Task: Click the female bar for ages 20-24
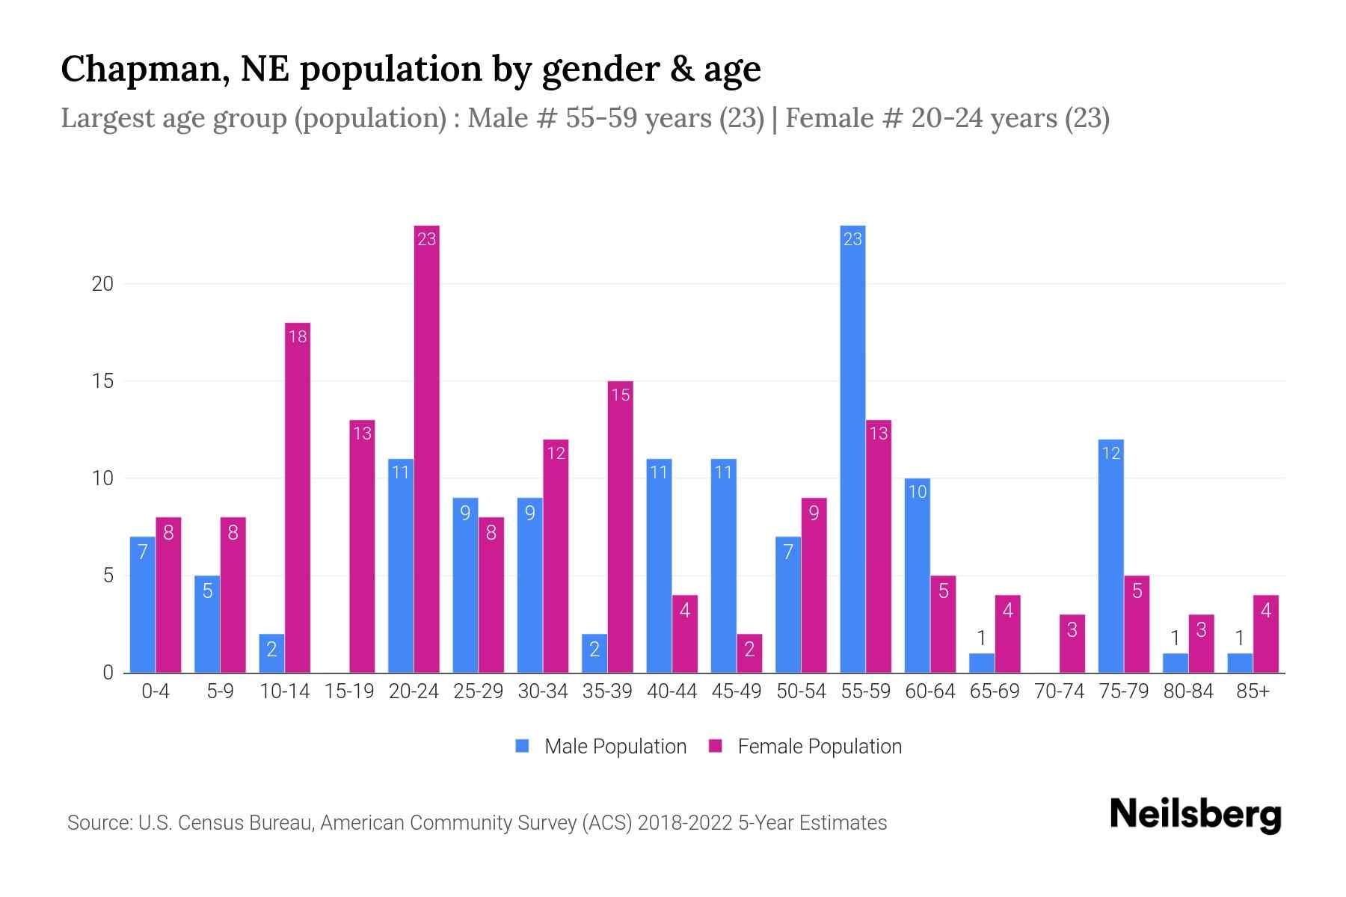tap(427, 449)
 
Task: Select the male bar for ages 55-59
tap(852, 449)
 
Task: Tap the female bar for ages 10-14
tap(298, 497)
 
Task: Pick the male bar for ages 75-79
tap(1111, 556)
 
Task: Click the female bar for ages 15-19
tap(362, 546)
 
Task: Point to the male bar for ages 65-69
tap(982, 664)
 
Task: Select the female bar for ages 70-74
tap(1072, 644)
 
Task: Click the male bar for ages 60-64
tap(918, 576)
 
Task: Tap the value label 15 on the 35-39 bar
tap(621, 395)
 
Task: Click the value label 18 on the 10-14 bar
tap(298, 336)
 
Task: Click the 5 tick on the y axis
tap(108, 576)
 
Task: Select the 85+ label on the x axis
tap(1253, 691)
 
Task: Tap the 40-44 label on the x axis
tap(672, 691)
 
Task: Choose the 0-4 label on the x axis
tap(156, 691)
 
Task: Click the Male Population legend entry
tap(601, 746)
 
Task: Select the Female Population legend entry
tap(805, 746)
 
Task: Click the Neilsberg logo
tap(1195, 815)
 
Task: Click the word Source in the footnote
tap(98, 823)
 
